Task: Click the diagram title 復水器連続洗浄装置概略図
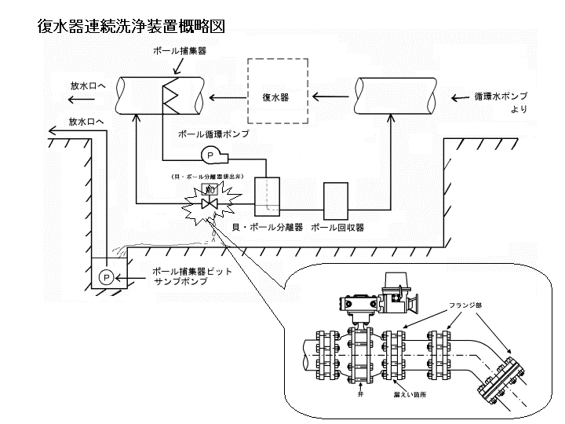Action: [x=131, y=26]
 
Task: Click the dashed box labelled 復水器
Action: [x=275, y=97]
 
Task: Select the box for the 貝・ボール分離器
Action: [x=268, y=197]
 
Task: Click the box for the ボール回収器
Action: [x=335, y=201]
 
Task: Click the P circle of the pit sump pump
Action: [x=104, y=276]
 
